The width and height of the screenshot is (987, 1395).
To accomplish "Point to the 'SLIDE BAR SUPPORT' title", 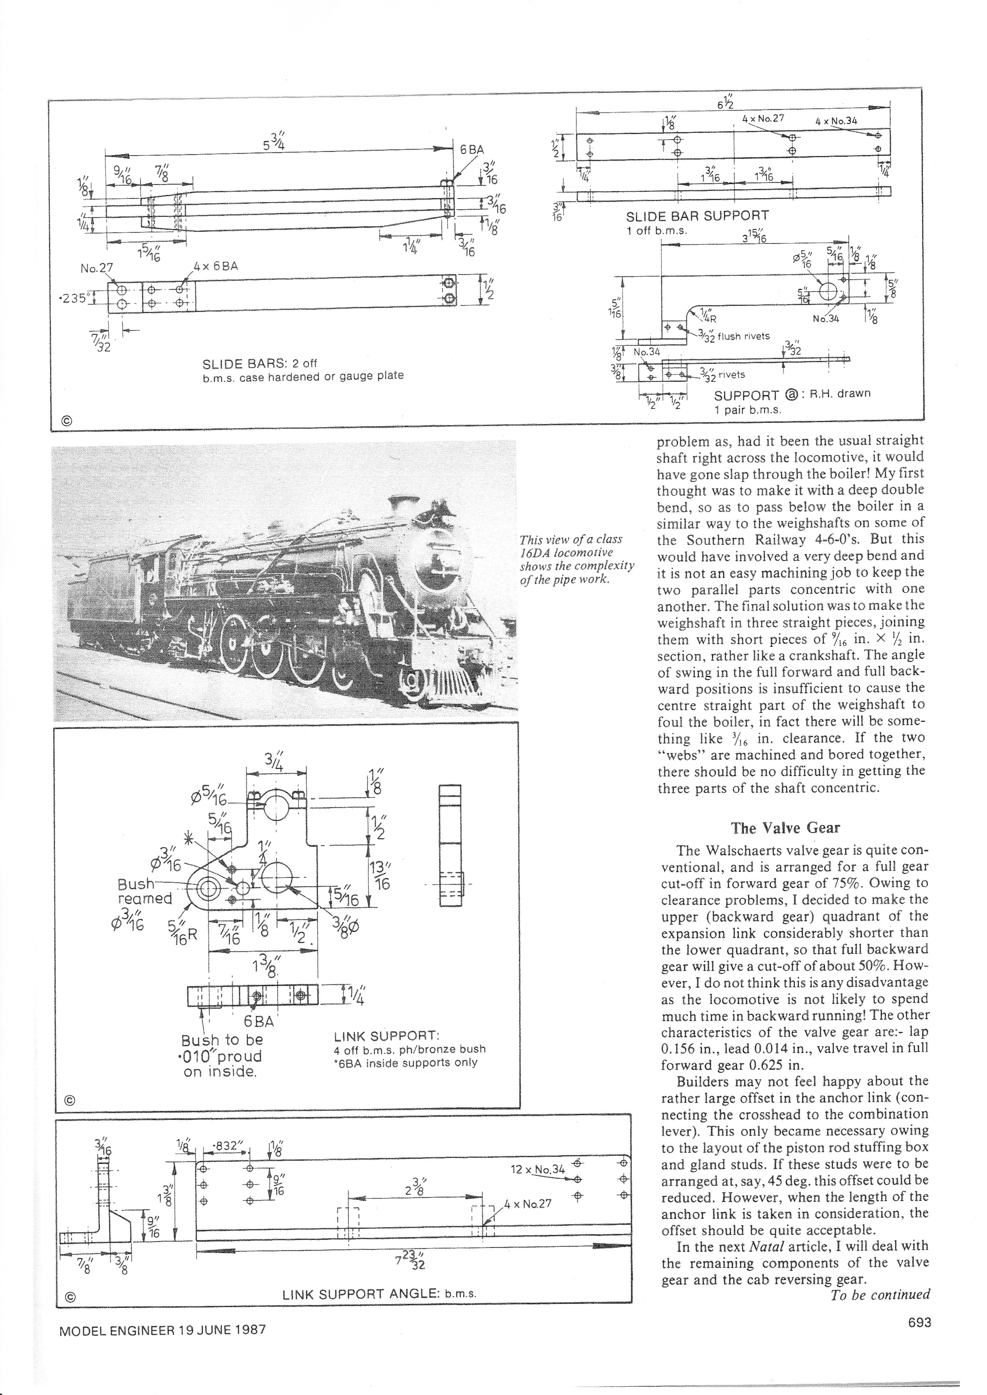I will coord(697,216).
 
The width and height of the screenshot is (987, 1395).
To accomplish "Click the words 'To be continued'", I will coord(880,1294).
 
